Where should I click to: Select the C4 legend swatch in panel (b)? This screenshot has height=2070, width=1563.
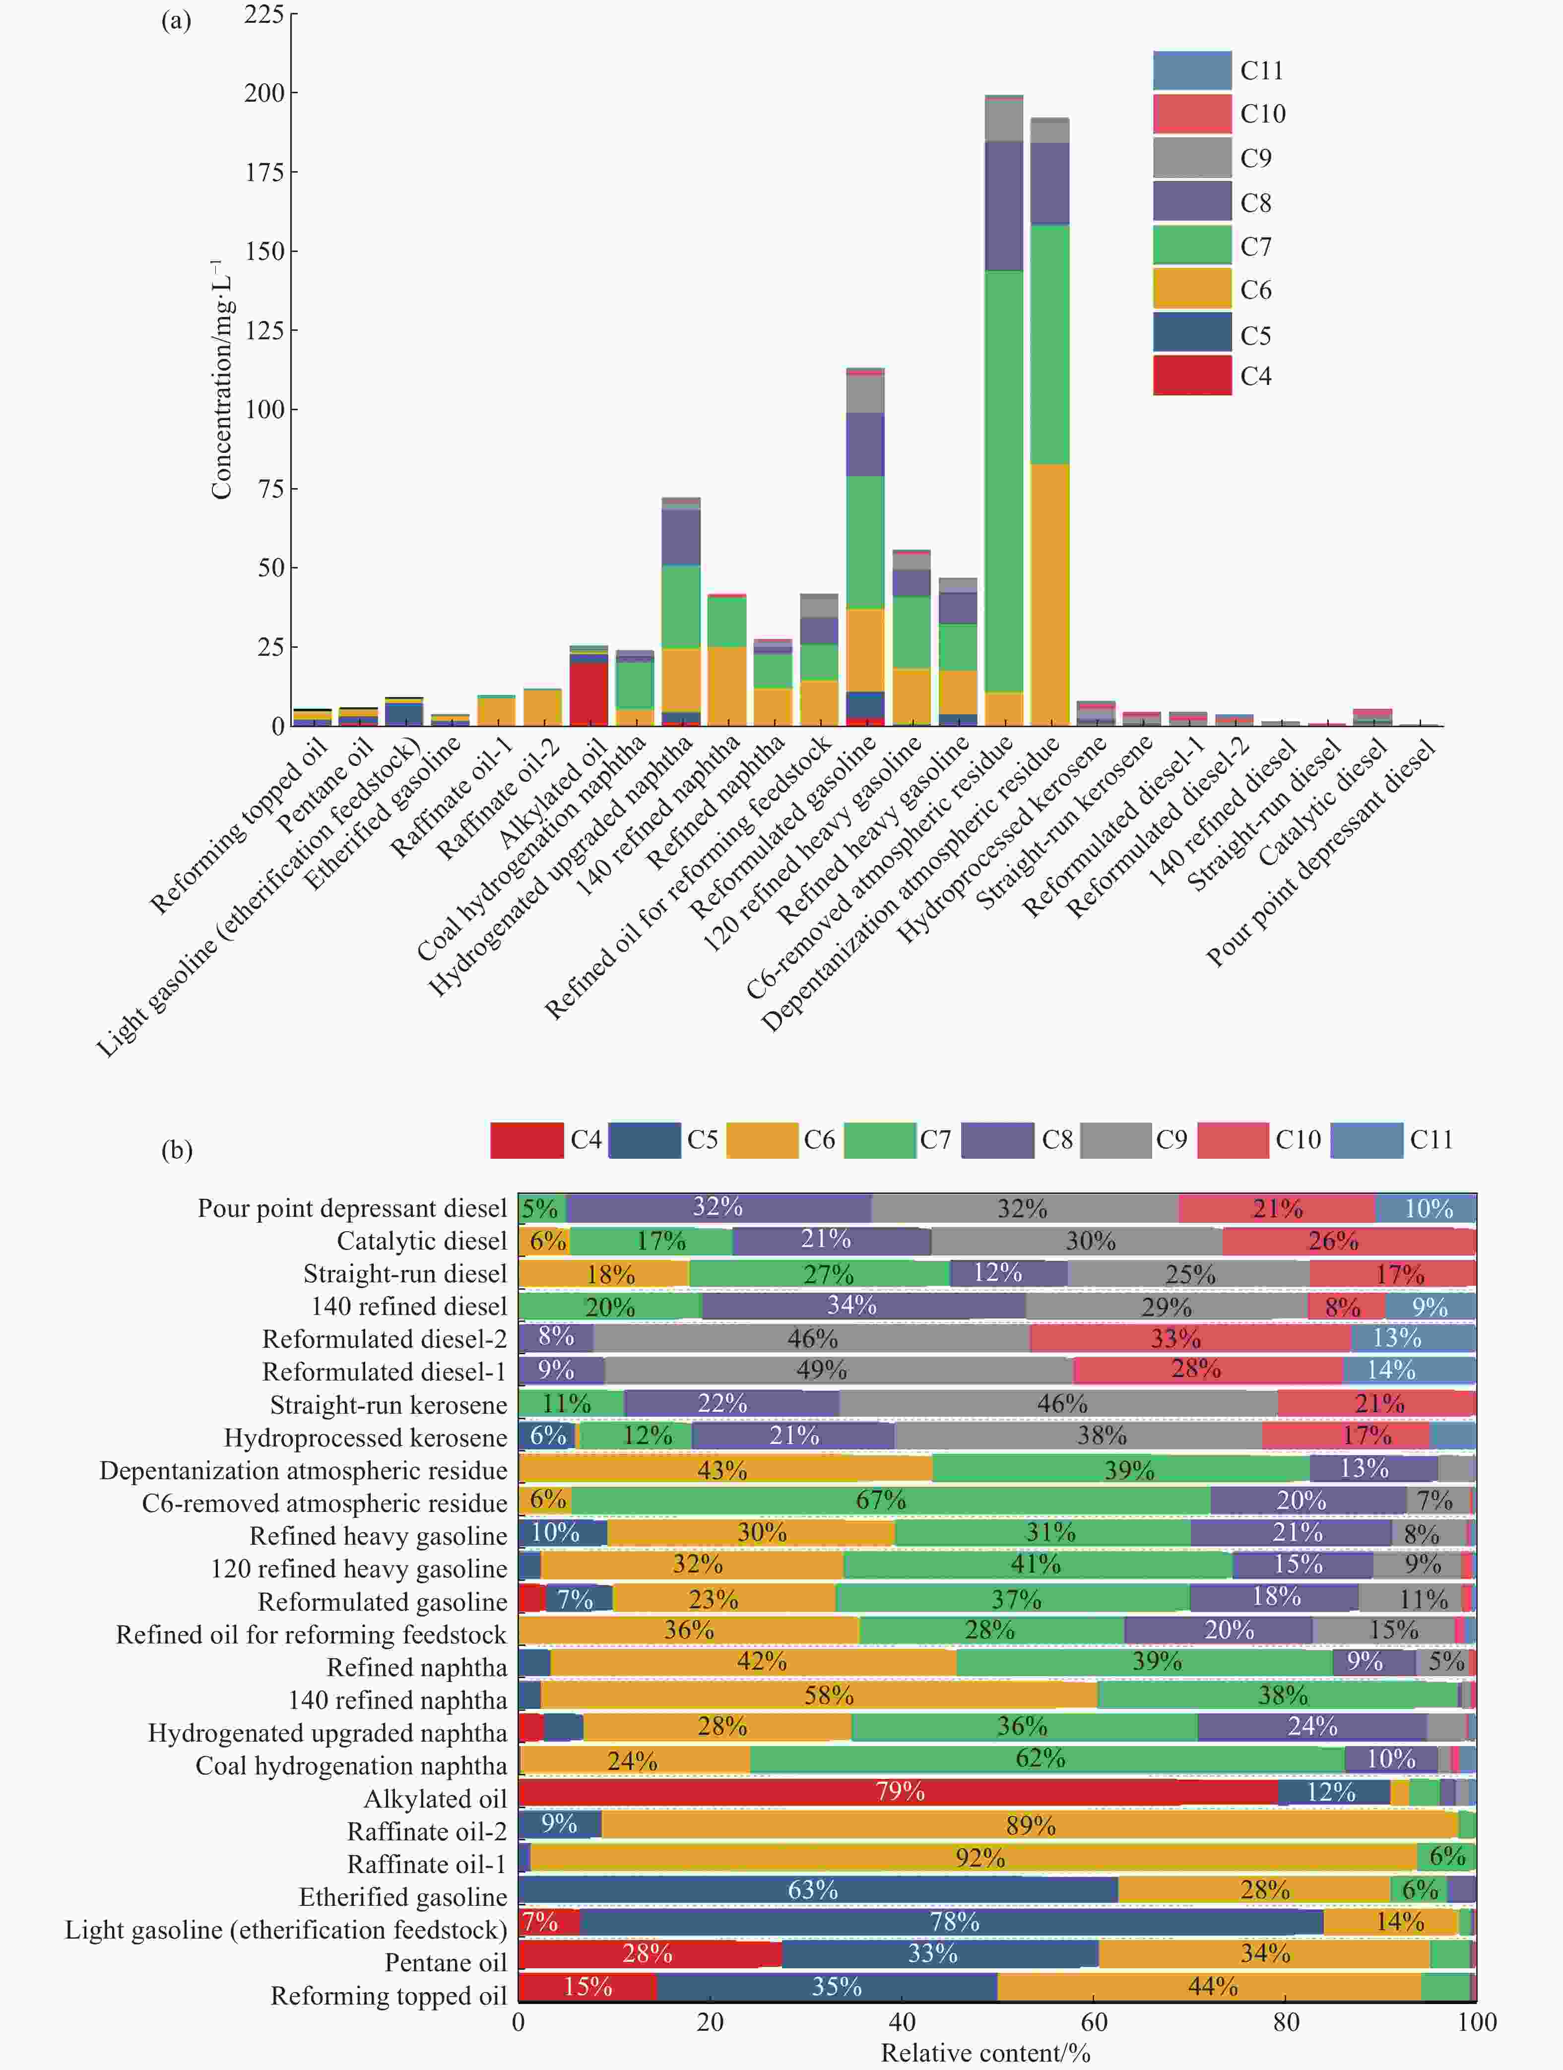pyautogui.click(x=527, y=1140)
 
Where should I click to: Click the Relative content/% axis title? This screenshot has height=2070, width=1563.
pyautogui.click(x=985, y=2053)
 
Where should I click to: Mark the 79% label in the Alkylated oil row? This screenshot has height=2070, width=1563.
pyautogui.click(x=900, y=1791)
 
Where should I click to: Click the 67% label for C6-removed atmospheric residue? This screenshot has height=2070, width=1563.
pyautogui.click(x=881, y=1500)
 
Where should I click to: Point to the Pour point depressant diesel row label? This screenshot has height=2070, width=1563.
pyautogui.click(x=352, y=1208)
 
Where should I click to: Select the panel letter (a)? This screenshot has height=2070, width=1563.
pyautogui.click(x=176, y=21)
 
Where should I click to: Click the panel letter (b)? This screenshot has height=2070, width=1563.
pyautogui.click(x=177, y=1149)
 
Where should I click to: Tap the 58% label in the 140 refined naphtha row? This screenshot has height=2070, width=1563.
pyautogui.click(x=828, y=1695)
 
